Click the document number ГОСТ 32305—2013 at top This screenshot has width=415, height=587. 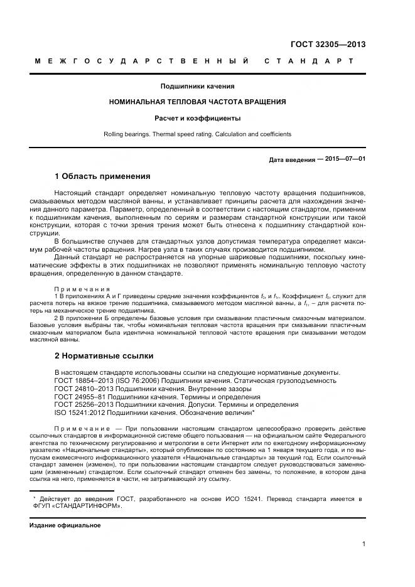328,45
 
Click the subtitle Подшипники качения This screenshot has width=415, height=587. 197,86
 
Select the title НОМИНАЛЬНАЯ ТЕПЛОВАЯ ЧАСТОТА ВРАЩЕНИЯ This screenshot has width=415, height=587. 197,102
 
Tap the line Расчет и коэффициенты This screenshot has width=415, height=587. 197,118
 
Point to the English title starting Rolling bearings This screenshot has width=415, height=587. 197,134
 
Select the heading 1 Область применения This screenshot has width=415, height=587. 102,176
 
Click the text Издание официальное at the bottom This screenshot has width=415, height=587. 65,525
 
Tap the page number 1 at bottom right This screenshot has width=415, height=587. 364,544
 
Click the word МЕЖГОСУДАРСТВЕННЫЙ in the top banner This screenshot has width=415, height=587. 141,62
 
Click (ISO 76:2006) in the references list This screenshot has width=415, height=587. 137,380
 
